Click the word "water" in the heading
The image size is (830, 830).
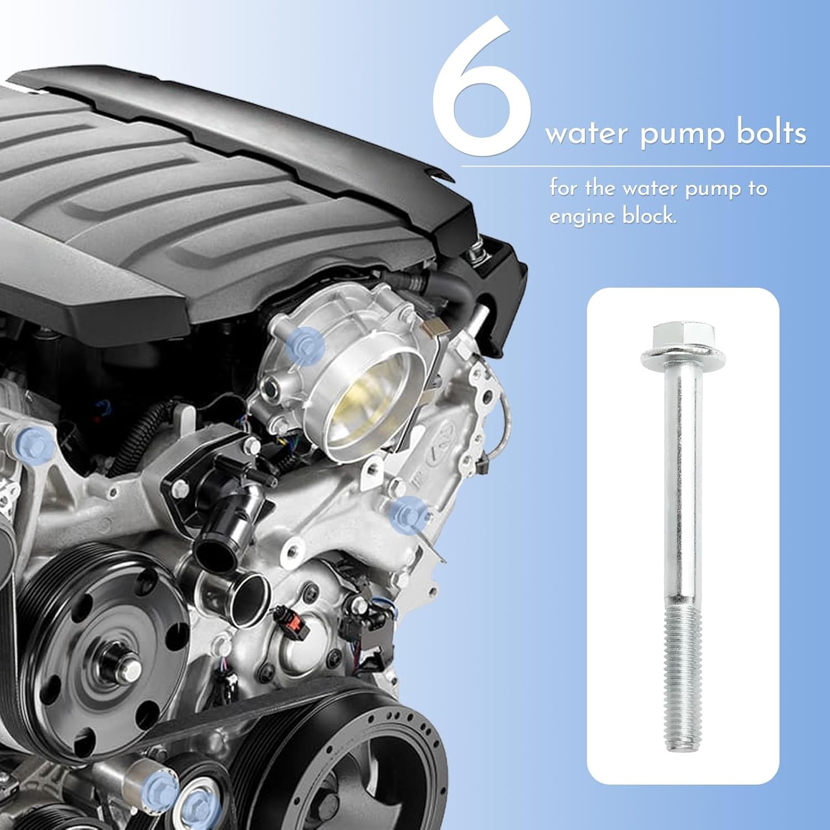click(x=587, y=134)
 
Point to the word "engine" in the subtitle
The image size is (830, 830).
click(x=581, y=216)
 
